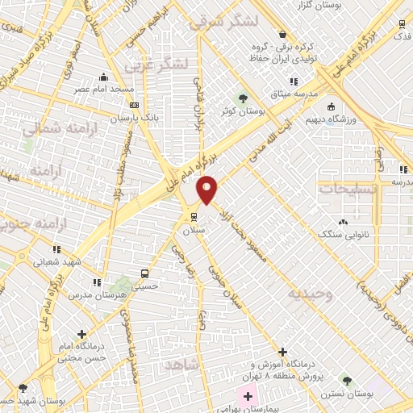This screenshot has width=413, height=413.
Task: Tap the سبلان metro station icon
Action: [193, 215]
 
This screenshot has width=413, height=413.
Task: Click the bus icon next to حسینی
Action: [144, 273]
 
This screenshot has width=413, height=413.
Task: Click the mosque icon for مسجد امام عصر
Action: [103, 77]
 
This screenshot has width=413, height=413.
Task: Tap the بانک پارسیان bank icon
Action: [134, 105]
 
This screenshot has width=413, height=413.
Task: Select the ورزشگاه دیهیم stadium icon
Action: [331, 106]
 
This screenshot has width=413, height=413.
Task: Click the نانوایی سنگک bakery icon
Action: [344, 222]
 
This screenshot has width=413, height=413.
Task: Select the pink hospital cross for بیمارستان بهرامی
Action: [248, 397]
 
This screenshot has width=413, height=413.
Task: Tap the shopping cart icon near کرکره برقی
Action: [282, 34]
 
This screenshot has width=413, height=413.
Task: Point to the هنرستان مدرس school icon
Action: [97, 282]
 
